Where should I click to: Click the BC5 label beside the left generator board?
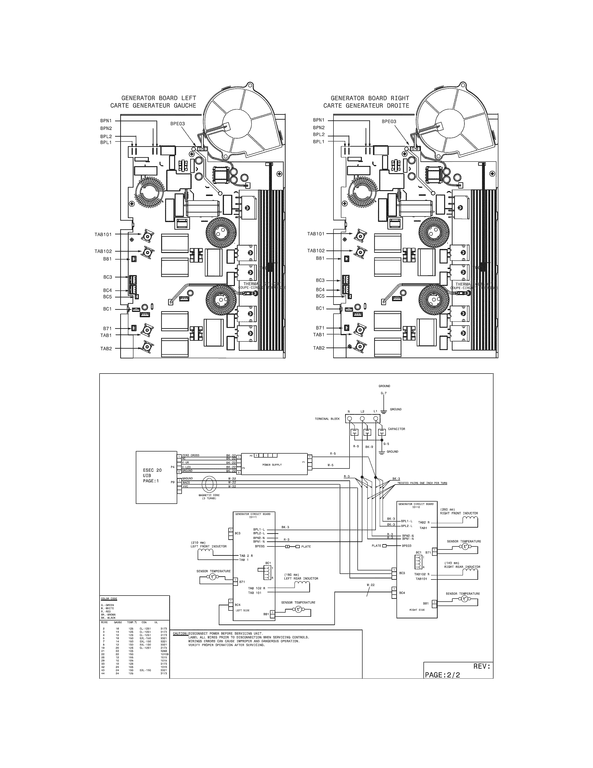click(107, 297)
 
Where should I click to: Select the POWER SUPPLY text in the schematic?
click(272, 465)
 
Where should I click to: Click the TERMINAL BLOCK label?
click(327, 419)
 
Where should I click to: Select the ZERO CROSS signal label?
click(191, 455)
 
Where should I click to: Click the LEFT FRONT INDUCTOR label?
click(209, 546)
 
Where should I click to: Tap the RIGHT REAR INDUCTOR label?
click(462, 567)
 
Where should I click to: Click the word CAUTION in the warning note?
click(180, 633)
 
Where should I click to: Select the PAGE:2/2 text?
click(442, 675)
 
